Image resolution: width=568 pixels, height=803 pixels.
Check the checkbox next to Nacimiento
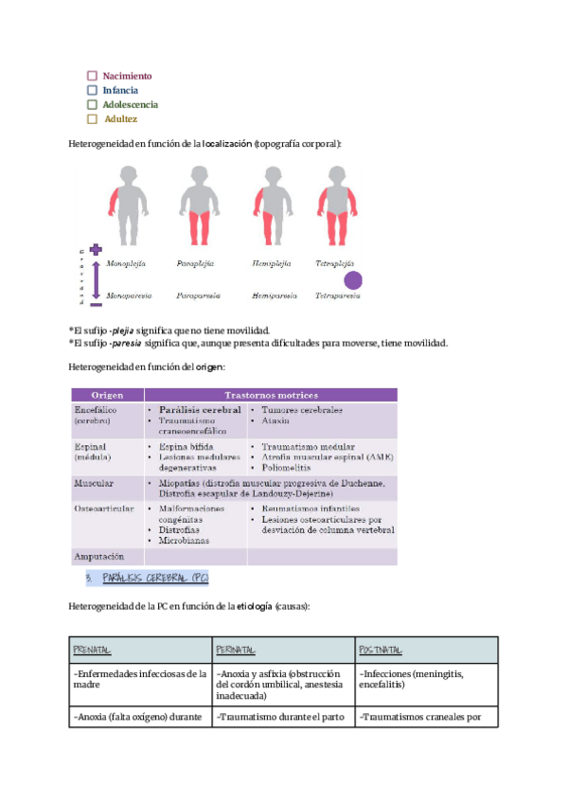pyautogui.click(x=92, y=76)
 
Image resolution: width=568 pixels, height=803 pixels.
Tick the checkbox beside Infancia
pyautogui.click(x=92, y=90)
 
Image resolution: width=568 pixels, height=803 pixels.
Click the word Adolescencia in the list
pyautogui.click(x=131, y=105)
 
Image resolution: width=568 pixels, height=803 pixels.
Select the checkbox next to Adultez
pyautogui.click(x=92, y=119)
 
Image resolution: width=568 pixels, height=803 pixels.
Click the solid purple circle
pyautogui.click(x=352, y=279)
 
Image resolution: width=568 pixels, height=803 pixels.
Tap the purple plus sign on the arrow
pyautogui.click(x=95, y=249)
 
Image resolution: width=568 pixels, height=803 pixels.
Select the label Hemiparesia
pyautogui.click(x=274, y=296)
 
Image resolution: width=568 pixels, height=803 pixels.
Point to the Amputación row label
pyautogui.click(x=99, y=556)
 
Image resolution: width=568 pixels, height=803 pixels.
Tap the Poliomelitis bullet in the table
pyautogui.click(x=289, y=467)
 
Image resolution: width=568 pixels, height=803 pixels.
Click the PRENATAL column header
pyautogui.click(x=92, y=650)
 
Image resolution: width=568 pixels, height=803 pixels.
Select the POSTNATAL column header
pyautogui.click(x=382, y=650)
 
